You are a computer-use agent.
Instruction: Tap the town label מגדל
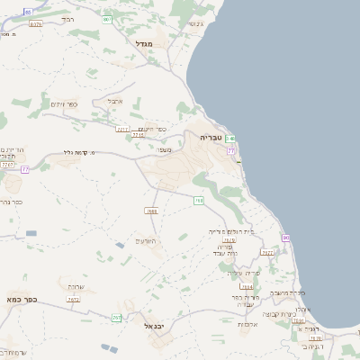point(145,43)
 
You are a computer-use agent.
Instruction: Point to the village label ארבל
point(114,101)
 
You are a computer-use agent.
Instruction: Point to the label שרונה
point(76,286)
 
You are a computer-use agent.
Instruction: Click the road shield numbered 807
point(107,18)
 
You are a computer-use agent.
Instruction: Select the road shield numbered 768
point(199,200)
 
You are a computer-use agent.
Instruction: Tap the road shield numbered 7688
point(151,211)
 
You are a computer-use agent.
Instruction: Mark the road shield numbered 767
point(117,318)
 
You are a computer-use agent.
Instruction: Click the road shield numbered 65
point(28,12)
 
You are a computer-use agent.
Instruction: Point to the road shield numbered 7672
point(74,301)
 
